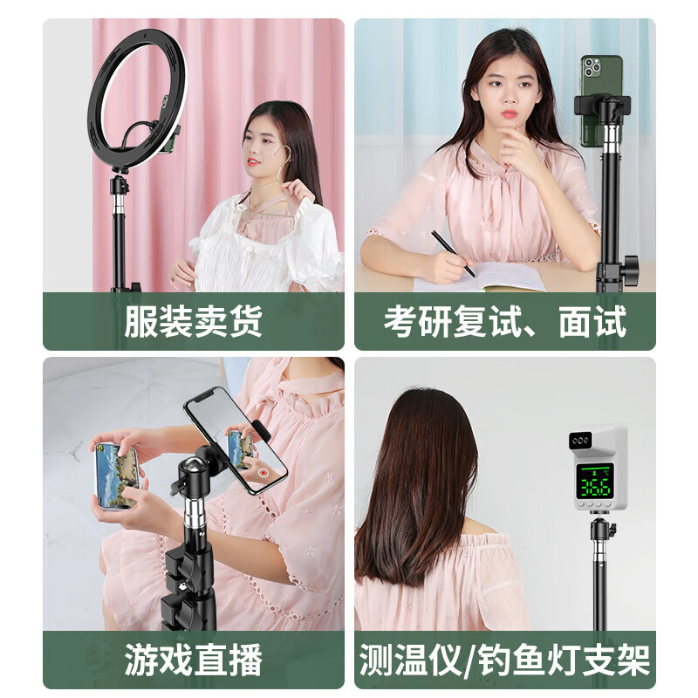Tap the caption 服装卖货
(x=193, y=322)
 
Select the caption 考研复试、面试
(x=504, y=322)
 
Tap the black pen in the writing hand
(x=453, y=254)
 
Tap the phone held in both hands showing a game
(x=116, y=475)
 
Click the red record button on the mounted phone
(x=263, y=471)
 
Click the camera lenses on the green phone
(x=591, y=68)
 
